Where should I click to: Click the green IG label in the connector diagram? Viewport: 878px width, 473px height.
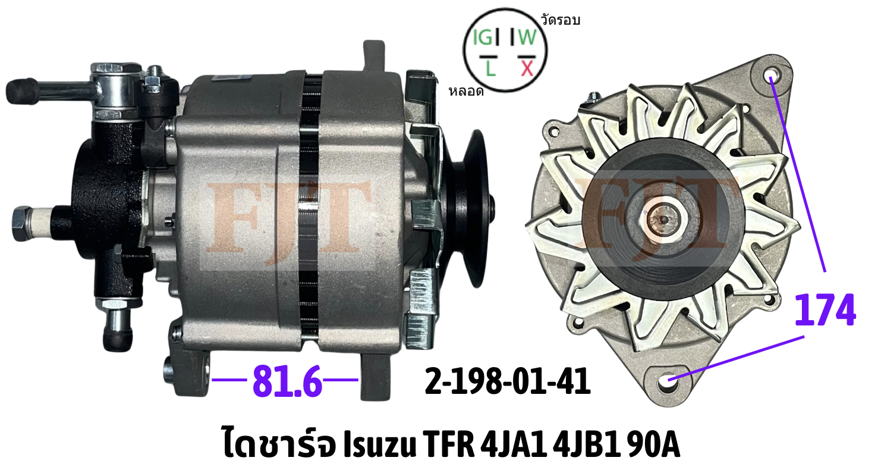tap(482, 37)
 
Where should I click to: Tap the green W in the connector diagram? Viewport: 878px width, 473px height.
tap(527, 37)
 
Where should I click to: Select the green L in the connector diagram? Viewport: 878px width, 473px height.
tap(490, 68)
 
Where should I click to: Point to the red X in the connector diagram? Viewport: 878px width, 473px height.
tap(528, 68)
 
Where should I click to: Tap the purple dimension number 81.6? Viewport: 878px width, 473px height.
tap(288, 381)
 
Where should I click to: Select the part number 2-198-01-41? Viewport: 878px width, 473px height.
tap(508, 381)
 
